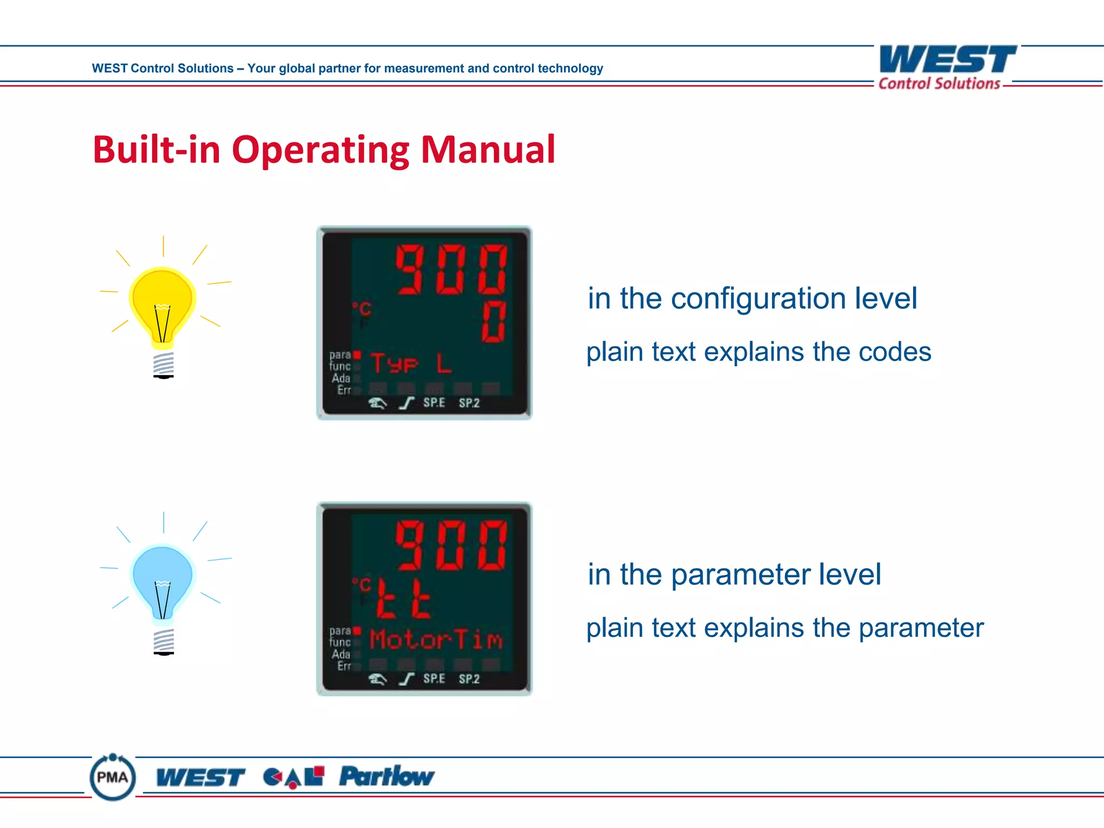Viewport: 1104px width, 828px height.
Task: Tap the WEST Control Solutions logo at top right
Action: [947, 67]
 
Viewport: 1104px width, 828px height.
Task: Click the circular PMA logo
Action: [113, 777]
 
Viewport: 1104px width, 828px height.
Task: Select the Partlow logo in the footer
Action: [387, 777]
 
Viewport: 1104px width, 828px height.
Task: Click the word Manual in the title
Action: [488, 149]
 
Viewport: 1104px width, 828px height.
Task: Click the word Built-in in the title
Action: [156, 149]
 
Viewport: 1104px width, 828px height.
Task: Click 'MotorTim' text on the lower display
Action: [436, 640]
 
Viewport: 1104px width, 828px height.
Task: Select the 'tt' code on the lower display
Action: [403, 599]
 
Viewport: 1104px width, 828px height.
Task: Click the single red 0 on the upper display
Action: [494, 322]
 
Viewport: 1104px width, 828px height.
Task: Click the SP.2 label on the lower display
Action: [469, 679]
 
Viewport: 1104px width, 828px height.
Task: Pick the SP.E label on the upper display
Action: [434, 403]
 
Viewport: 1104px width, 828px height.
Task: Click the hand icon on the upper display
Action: [377, 403]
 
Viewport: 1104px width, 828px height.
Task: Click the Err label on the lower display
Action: [344, 666]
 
